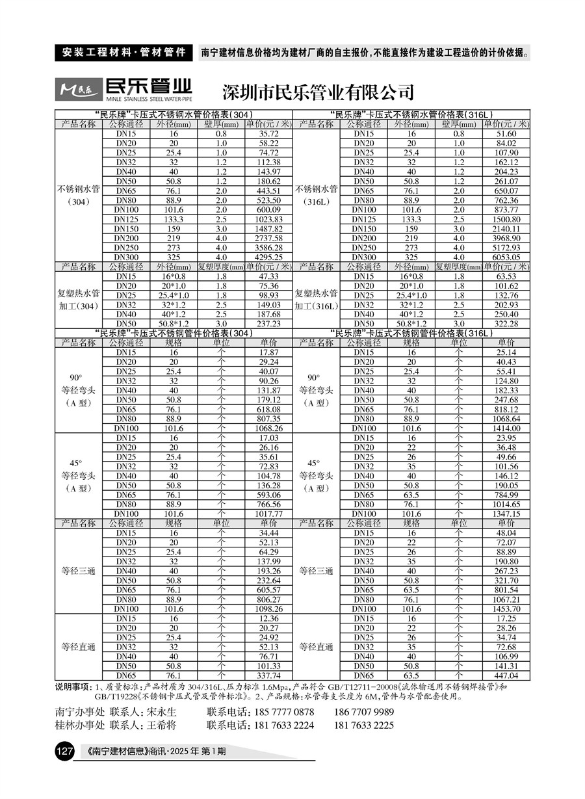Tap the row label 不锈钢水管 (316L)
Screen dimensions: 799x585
coord(317,195)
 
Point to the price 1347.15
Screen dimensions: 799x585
coord(506,514)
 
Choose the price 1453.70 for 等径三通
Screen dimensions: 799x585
coord(506,609)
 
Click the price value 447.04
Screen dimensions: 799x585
coord(506,675)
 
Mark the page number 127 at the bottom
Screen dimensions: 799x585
coord(64,752)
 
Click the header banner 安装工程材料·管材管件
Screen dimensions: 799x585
coord(123,53)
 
